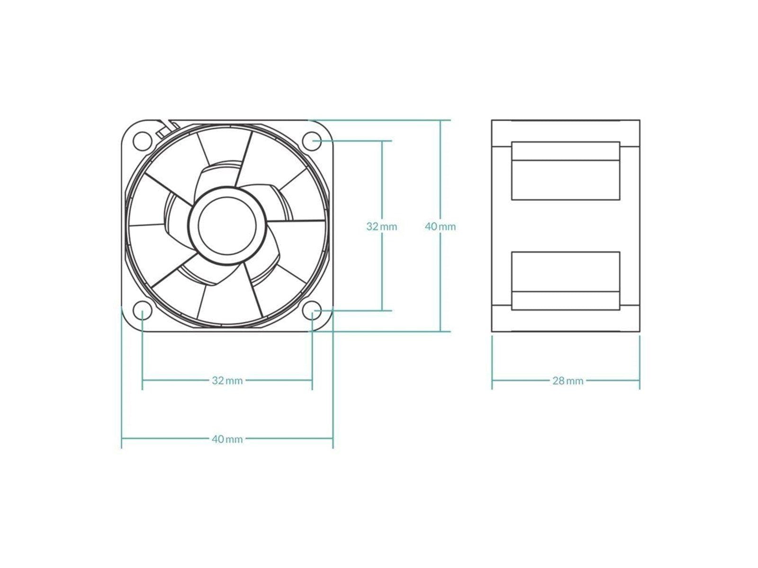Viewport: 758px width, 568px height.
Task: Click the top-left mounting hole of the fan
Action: pos(142,141)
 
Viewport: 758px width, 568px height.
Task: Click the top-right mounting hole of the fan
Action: pos(312,141)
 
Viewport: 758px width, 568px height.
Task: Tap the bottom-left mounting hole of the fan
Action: pos(142,311)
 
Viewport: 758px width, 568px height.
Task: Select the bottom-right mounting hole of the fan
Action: pos(312,311)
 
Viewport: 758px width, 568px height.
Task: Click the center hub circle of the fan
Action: pos(227,226)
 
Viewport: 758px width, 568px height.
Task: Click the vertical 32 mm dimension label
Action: pos(382,227)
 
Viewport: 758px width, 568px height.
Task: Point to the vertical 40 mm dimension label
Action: pos(440,227)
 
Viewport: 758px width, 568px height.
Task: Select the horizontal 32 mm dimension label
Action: pos(227,381)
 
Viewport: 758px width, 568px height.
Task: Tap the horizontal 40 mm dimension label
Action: pos(227,439)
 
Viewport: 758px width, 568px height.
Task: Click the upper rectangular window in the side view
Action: pos(566,179)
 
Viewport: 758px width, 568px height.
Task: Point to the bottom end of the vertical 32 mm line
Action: pos(382,311)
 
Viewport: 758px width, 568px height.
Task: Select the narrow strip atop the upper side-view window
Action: pos(566,151)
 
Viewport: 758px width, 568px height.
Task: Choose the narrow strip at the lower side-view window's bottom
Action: pos(566,301)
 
